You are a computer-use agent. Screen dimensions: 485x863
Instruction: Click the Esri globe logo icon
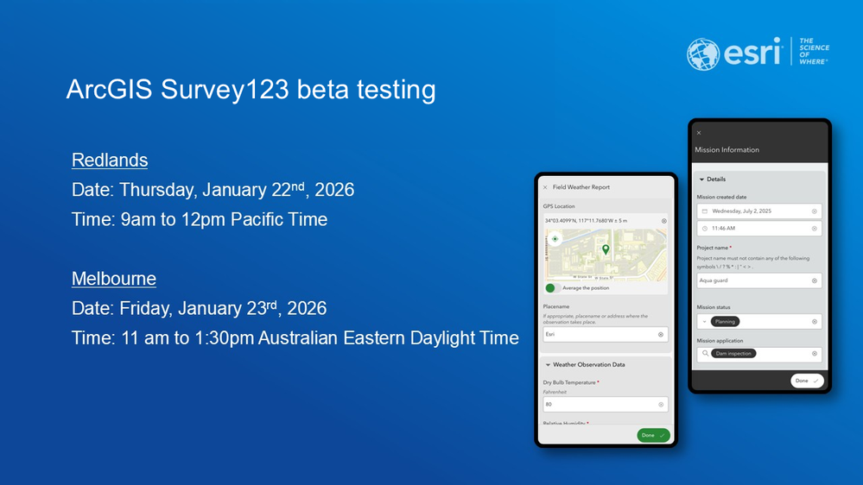(x=703, y=54)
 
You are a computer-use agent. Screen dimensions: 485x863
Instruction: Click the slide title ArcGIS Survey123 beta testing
(x=251, y=90)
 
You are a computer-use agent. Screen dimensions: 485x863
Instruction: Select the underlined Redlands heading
(x=110, y=161)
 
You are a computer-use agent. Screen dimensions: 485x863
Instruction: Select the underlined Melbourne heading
(x=114, y=279)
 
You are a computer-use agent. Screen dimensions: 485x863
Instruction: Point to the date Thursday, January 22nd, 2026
(x=213, y=190)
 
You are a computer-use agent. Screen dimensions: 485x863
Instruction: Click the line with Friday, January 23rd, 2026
(x=199, y=308)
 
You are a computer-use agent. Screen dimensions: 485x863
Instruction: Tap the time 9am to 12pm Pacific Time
(x=200, y=219)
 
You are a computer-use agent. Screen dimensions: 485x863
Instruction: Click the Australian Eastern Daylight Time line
(x=295, y=337)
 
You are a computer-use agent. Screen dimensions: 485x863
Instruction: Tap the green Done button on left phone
(x=653, y=435)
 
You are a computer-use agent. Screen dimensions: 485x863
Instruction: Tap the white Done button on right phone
(x=807, y=381)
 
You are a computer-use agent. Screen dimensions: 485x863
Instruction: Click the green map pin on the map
(x=606, y=249)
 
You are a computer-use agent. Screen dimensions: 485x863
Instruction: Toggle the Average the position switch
(x=553, y=288)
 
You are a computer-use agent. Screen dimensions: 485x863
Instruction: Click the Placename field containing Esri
(x=605, y=334)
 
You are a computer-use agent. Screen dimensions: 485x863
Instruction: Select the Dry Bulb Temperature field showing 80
(x=605, y=404)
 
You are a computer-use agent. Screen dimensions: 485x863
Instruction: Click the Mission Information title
(x=727, y=150)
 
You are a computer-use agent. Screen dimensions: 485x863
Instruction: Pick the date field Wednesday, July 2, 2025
(x=758, y=211)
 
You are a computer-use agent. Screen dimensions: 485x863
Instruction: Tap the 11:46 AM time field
(x=758, y=228)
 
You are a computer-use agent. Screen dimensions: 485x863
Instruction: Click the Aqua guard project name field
(x=758, y=280)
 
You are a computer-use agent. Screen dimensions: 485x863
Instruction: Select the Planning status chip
(x=724, y=322)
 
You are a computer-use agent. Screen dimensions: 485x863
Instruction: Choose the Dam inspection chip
(x=733, y=353)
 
